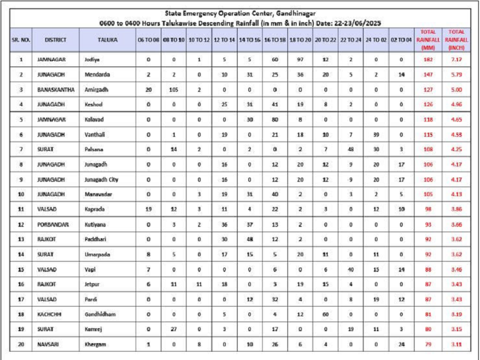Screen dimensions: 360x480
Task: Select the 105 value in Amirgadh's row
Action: (x=173, y=89)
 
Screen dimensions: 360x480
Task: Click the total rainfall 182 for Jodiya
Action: (x=428, y=60)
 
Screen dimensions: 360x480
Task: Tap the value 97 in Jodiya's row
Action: (x=300, y=60)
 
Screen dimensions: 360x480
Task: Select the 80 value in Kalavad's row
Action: (x=274, y=119)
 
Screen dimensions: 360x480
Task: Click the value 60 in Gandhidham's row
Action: (x=325, y=314)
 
